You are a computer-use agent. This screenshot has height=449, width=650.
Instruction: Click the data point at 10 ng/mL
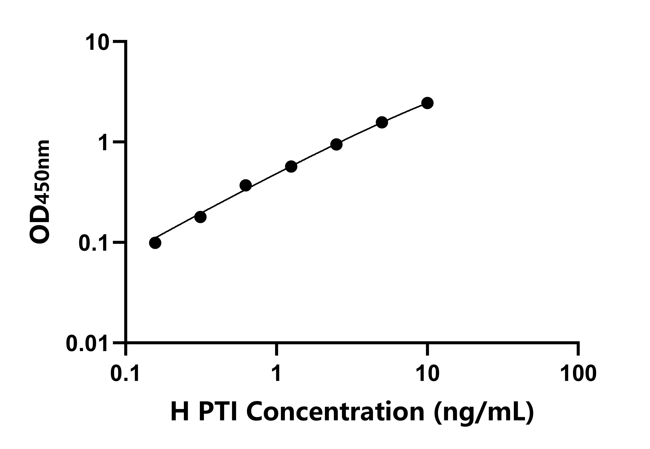427,103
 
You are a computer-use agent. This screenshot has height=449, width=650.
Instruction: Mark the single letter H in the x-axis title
180,412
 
